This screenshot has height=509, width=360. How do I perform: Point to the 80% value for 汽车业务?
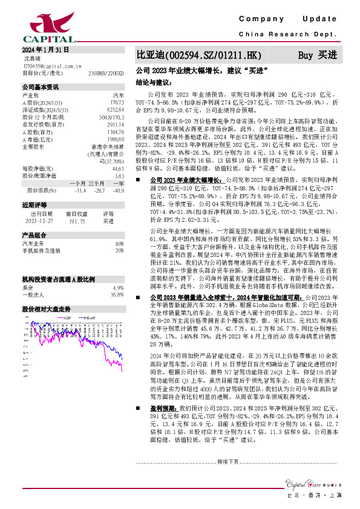pos(119,243)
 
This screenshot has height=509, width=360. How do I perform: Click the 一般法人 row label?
pos(34,278)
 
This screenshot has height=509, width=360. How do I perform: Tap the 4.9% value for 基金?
pos(118,271)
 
